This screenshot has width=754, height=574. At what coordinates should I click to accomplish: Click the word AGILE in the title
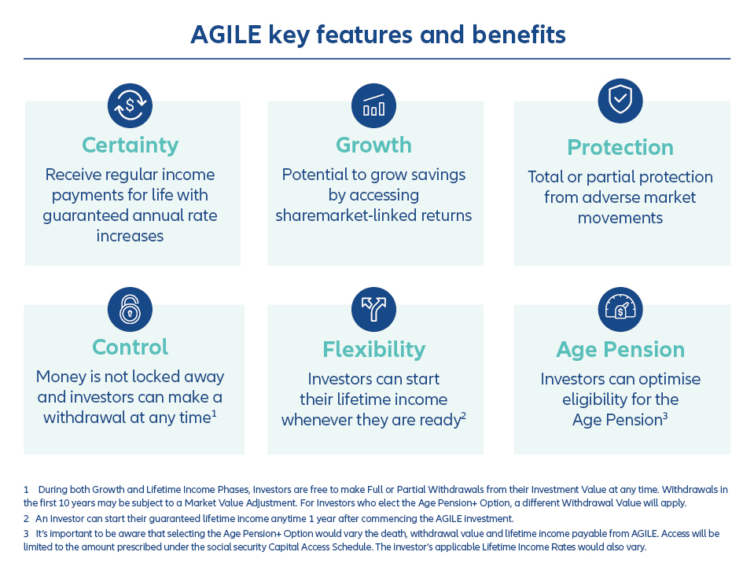(226, 35)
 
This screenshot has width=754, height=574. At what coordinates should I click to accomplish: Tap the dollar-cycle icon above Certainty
(130, 105)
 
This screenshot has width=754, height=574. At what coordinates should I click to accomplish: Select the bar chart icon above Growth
(373, 105)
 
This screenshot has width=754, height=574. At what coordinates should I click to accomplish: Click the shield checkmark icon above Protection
(620, 101)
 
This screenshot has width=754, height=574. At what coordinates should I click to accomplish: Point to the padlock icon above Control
(130, 309)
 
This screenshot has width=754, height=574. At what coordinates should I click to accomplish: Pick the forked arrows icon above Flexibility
(373, 309)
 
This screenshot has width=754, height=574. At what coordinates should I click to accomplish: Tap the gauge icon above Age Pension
(620, 309)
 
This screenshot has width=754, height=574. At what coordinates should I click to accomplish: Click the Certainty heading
(130, 145)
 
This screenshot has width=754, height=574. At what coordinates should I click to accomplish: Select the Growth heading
(373, 145)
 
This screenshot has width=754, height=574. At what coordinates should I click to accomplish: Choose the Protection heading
(620, 148)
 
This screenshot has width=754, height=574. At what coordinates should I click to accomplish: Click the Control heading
(130, 347)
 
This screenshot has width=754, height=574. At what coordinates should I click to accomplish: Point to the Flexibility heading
(373, 349)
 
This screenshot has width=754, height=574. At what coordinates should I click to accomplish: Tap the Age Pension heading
(620, 349)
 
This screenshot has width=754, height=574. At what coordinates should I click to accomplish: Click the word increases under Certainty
(130, 236)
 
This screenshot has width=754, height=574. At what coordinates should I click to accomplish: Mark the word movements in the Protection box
(620, 218)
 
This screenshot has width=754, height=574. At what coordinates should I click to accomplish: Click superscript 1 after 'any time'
(214, 413)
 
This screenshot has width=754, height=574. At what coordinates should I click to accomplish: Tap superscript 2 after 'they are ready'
(464, 415)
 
